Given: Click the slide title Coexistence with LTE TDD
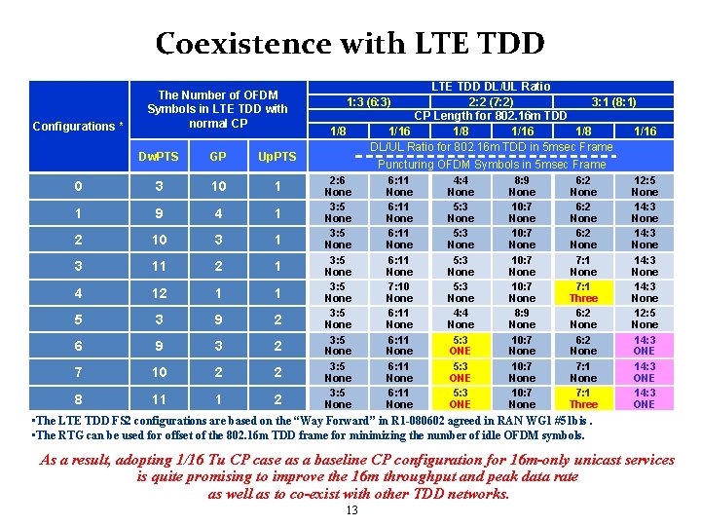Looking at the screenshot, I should tap(350, 44).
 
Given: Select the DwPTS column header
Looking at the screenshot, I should tap(157, 156).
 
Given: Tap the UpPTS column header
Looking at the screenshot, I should tap(277, 156).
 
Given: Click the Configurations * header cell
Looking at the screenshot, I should tap(79, 127).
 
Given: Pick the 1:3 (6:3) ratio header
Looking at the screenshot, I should tap(369, 102).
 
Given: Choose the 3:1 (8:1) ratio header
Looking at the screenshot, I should tap(614, 102).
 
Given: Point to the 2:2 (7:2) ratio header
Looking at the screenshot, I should tap(492, 102).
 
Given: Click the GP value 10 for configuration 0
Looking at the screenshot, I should tap(217, 187).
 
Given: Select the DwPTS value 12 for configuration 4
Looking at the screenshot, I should tap(157, 293).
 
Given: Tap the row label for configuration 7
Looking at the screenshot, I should tap(79, 372).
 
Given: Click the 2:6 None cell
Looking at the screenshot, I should tap(338, 187).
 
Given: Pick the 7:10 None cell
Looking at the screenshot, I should tap(399, 292).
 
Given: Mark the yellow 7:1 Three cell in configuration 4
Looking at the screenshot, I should tap(583, 292).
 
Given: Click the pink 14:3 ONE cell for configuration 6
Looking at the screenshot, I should tap(645, 346).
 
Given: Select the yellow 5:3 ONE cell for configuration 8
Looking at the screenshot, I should tap(461, 398).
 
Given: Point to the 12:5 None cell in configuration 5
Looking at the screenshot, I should tap(645, 319).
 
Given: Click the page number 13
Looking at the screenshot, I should tap(351, 510).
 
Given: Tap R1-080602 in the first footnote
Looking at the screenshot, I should tap(402, 420).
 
